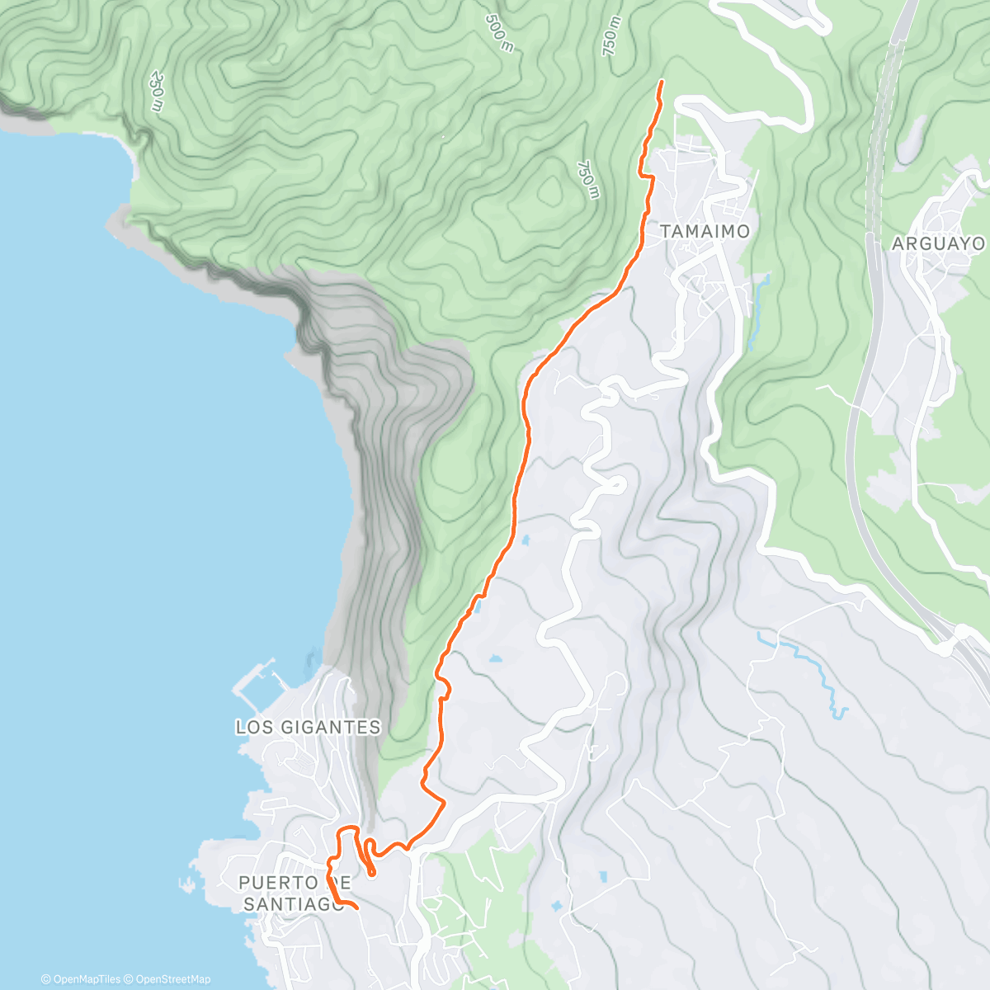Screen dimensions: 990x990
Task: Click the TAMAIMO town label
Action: (x=705, y=232)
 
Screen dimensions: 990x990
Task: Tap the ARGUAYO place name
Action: (x=938, y=243)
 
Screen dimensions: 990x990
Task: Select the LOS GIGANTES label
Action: (x=308, y=727)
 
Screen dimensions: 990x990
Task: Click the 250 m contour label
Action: (x=156, y=91)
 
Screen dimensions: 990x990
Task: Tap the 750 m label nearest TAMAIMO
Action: (x=587, y=180)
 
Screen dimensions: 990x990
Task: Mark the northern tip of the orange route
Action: (x=662, y=82)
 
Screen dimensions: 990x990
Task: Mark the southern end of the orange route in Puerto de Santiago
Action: (x=356, y=907)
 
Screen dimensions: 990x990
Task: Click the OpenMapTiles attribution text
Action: (x=81, y=979)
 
